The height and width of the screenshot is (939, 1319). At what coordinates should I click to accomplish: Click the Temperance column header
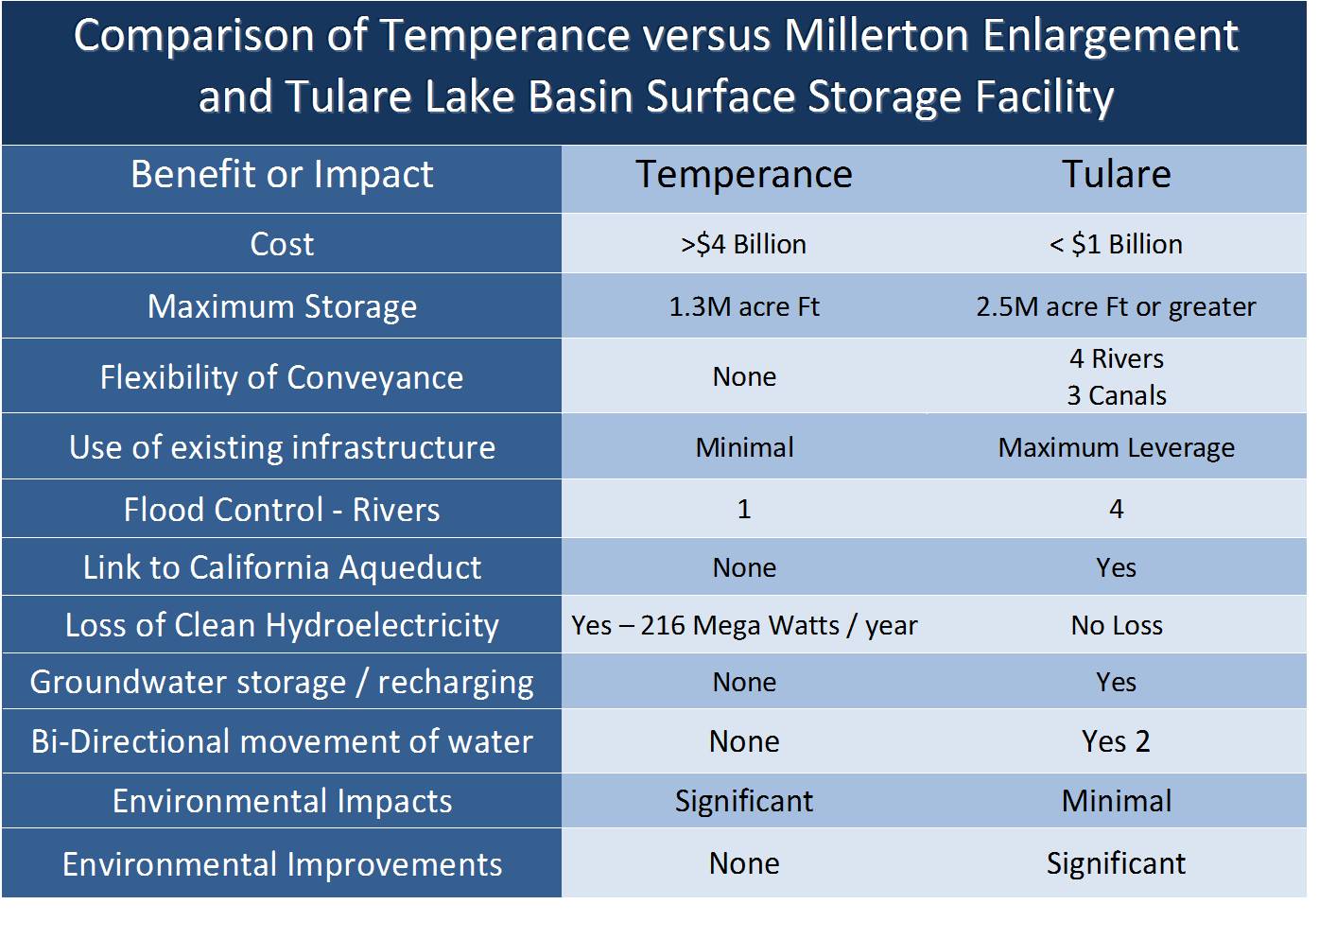point(744,175)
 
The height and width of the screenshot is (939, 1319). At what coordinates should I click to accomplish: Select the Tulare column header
point(1116,175)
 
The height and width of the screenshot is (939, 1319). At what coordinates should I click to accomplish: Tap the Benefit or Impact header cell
point(282,175)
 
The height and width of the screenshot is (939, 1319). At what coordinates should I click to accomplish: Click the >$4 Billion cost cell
point(744,244)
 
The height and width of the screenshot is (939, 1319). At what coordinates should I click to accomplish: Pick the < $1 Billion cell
point(1116,244)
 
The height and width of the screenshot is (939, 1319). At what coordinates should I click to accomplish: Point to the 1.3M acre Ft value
point(744,306)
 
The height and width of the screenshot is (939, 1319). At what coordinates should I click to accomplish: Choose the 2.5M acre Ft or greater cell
point(1116,306)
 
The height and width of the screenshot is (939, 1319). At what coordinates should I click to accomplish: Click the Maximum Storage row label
point(282,306)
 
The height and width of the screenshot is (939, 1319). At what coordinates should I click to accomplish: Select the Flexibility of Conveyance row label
point(282,377)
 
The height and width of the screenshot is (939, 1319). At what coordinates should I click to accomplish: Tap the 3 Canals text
point(1117,395)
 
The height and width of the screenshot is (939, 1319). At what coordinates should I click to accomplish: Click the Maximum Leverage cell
point(1116,447)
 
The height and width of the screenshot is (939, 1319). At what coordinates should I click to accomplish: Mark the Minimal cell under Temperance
point(744,447)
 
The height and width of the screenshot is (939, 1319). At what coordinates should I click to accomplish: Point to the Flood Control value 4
point(1116,510)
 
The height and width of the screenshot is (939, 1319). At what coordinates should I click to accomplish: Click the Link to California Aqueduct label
point(282,567)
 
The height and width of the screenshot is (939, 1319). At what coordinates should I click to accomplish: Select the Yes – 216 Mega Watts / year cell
point(744,625)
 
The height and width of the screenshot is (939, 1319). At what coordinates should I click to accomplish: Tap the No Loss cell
point(1116,625)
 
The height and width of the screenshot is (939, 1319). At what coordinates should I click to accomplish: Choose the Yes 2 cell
point(1116,741)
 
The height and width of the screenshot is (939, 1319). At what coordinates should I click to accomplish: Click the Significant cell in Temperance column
point(744,801)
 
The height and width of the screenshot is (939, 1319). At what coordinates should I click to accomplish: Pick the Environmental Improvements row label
point(282,864)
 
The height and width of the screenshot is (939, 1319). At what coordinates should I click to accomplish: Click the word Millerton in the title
point(876,36)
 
